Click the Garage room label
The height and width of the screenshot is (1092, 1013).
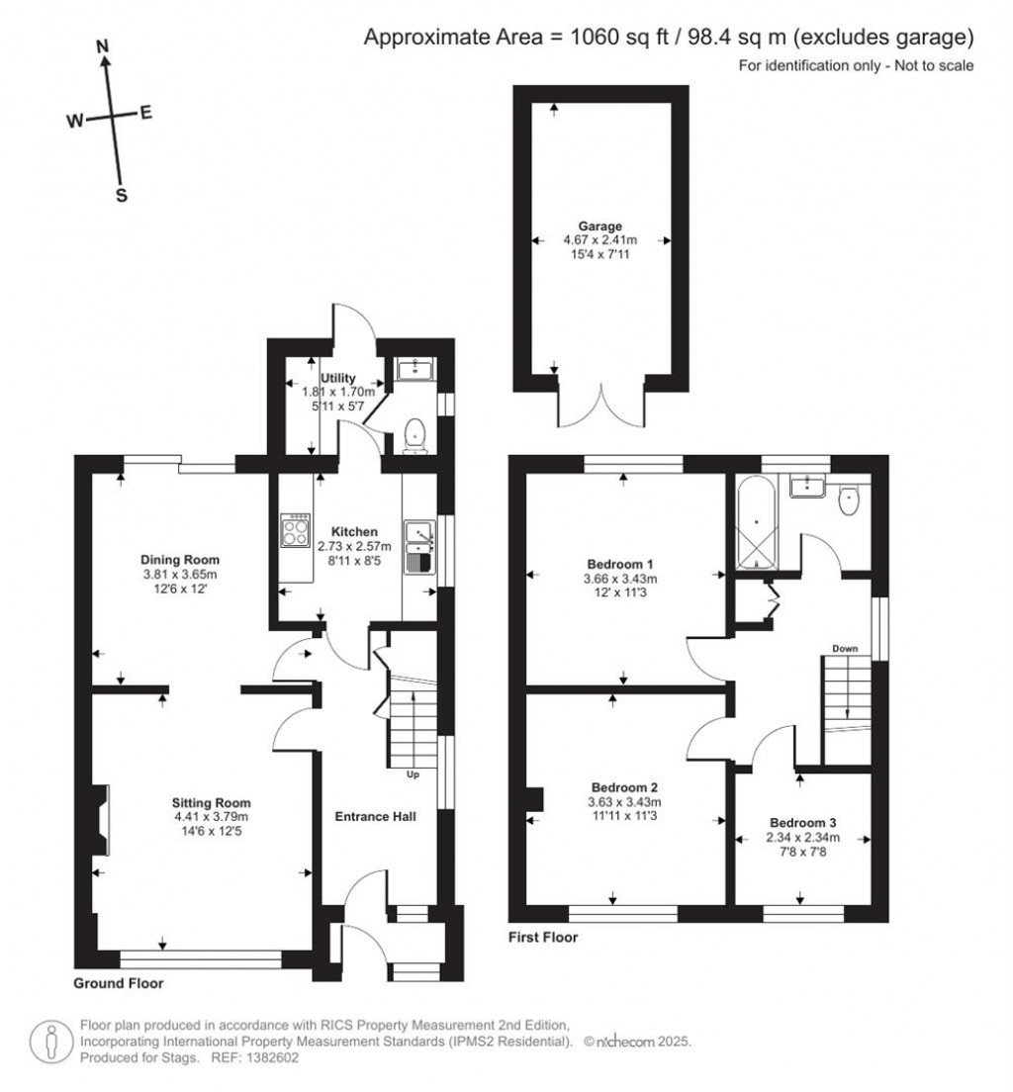(x=600, y=226)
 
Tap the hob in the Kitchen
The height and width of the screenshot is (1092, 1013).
(x=295, y=532)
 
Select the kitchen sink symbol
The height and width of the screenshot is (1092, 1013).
(x=419, y=546)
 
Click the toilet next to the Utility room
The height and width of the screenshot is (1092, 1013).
(x=416, y=434)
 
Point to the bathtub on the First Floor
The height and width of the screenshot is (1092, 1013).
(x=756, y=522)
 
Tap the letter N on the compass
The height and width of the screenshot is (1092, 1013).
(x=102, y=45)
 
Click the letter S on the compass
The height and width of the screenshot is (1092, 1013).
(x=122, y=195)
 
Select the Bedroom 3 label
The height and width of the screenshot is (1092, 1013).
(x=803, y=823)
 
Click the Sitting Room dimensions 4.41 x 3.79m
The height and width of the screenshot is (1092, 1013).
(x=211, y=817)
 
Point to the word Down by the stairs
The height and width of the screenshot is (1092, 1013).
(x=845, y=649)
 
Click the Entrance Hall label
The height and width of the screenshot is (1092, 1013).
(x=375, y=817)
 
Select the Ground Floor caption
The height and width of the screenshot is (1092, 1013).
(x=119, y=983)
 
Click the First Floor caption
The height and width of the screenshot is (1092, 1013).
(x=542, y=937)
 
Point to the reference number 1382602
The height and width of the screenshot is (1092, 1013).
(x=271, y=1057)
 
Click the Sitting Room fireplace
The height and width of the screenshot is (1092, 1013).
(x=101, y=820)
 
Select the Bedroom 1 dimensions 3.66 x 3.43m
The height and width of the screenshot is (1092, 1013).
(x=622, y=579)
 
